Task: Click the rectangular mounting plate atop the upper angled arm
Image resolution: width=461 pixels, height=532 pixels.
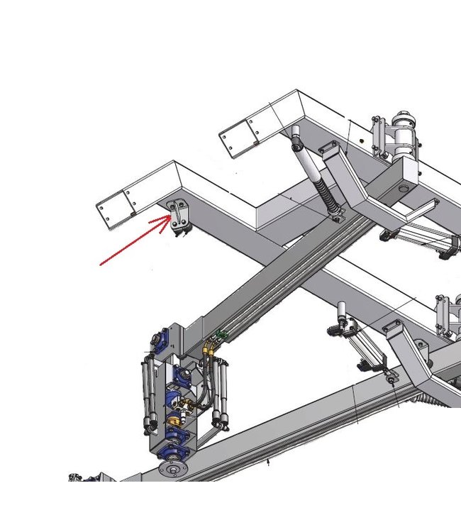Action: tap(329, 150)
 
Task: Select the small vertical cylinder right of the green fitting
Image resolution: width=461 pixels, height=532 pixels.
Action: tap(341, 313)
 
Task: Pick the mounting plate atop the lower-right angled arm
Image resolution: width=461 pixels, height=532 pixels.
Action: tap(391, 328)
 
